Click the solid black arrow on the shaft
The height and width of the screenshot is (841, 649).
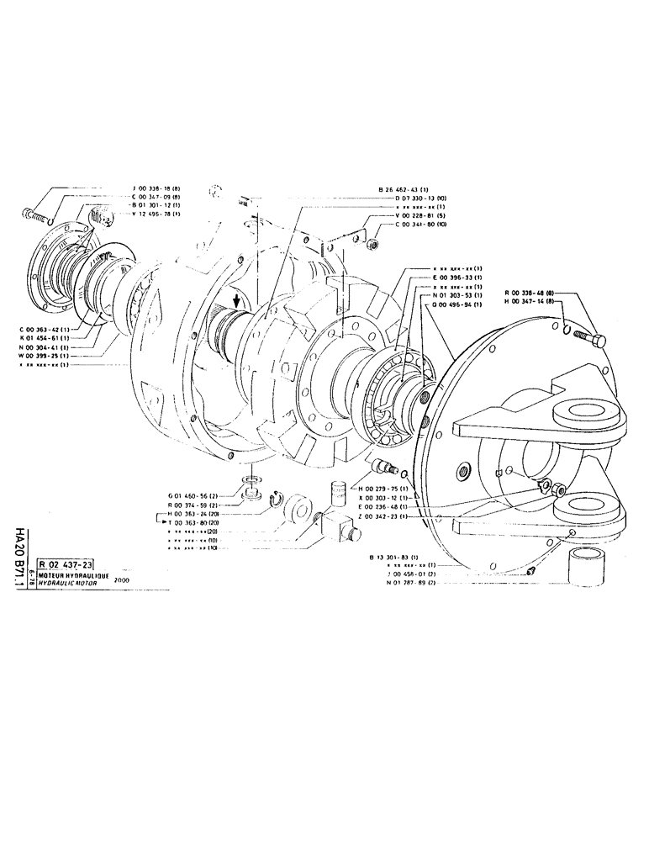238,300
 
